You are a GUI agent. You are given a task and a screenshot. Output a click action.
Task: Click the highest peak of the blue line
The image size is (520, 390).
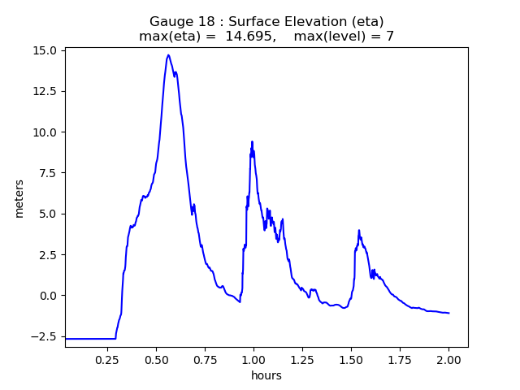click(x=168, y=55)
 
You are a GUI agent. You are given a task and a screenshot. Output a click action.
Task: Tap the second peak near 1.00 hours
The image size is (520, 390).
click(x=252, y=141)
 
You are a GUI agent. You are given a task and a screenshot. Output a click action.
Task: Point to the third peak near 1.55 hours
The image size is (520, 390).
click(x=358, y=230)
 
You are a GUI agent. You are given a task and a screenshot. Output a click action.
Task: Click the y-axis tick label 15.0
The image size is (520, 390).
click(x=43, y=50)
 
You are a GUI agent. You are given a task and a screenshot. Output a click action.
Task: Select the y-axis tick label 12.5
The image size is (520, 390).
click(x=43, y=91)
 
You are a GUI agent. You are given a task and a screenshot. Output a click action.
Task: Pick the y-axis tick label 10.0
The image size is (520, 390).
click(x=43, y=132)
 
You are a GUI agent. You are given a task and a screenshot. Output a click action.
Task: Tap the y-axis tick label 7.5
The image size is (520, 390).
click(x=46, y=173)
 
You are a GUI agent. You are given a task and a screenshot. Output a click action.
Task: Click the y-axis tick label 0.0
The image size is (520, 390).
click(x=46, y=295)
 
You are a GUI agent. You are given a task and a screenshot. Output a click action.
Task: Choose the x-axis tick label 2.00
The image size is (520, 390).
click(x=448, y=358)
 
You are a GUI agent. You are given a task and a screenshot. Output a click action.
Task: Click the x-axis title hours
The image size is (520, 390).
click(x=266, y=375)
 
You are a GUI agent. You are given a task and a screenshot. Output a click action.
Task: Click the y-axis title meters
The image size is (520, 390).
click(x=19, y=198)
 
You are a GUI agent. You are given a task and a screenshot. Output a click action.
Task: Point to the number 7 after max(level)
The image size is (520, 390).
click(x=390, y=37)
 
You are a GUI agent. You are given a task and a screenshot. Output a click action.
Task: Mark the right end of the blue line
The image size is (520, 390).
click(x=448, y=313)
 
